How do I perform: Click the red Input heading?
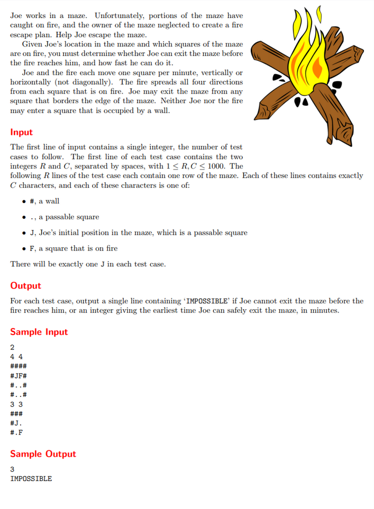21,132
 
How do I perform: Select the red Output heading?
25,285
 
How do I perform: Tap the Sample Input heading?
39,332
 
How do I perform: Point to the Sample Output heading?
43,454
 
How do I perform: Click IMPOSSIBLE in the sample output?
31,478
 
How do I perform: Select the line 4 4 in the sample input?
16,357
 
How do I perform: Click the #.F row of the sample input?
16,432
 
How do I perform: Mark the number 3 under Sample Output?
12,469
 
